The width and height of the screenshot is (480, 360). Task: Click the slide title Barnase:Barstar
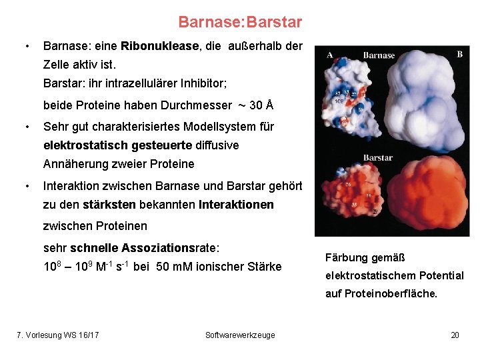pos(240,22)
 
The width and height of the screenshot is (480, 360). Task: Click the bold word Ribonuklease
pos(160,46)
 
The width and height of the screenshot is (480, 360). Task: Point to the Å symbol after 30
pos(269,105)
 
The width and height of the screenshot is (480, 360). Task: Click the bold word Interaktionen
pos(236,205)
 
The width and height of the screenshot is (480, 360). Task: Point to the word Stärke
pos(264,267)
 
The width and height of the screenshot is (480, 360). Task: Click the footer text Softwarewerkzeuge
pos(240,335)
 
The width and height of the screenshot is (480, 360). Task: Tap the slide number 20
pos(455,335)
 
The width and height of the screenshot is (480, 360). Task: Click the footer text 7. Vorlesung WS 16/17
pos(58,335)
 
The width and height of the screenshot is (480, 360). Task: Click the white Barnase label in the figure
pos(379,55)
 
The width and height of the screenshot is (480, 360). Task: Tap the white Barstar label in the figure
pos(378,158)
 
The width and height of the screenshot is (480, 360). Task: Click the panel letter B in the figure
pos(459,54)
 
